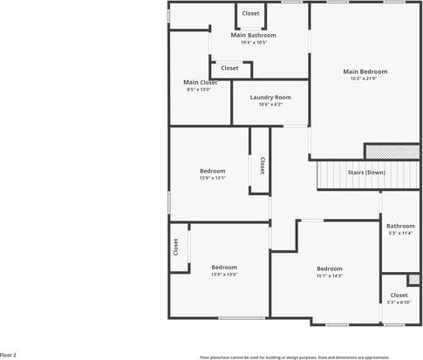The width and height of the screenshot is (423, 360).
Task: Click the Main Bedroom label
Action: point(365,71)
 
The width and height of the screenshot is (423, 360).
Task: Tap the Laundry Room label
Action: point(270,97)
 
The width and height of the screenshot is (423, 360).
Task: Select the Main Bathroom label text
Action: point(253,35)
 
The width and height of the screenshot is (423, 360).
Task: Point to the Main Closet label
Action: point(199,82)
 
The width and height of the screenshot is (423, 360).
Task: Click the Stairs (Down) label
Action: point(366,173)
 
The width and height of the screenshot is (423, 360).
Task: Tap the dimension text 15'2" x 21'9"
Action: point(365,79)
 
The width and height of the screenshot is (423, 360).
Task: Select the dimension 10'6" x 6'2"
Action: point(270,105)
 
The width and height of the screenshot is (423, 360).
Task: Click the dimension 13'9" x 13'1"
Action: point(213,179)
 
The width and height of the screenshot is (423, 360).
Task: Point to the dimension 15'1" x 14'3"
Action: point(329,276)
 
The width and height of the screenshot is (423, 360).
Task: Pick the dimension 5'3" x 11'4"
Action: point(400,234)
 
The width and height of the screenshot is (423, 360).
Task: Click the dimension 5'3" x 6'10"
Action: point(399,302)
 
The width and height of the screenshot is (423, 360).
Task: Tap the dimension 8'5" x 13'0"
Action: point(199,90)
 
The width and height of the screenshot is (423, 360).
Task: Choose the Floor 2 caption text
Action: point(9,356)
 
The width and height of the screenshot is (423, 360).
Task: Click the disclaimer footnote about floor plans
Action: point(307,357)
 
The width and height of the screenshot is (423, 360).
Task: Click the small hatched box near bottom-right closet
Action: point(413,280)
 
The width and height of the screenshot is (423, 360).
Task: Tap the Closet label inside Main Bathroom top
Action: point(250,13)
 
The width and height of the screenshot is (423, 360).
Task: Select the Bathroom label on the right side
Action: point(400,226)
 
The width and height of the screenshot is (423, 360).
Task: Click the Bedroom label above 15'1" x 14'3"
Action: point(329,268)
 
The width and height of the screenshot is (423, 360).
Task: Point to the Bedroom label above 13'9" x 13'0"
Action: point(224,267)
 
